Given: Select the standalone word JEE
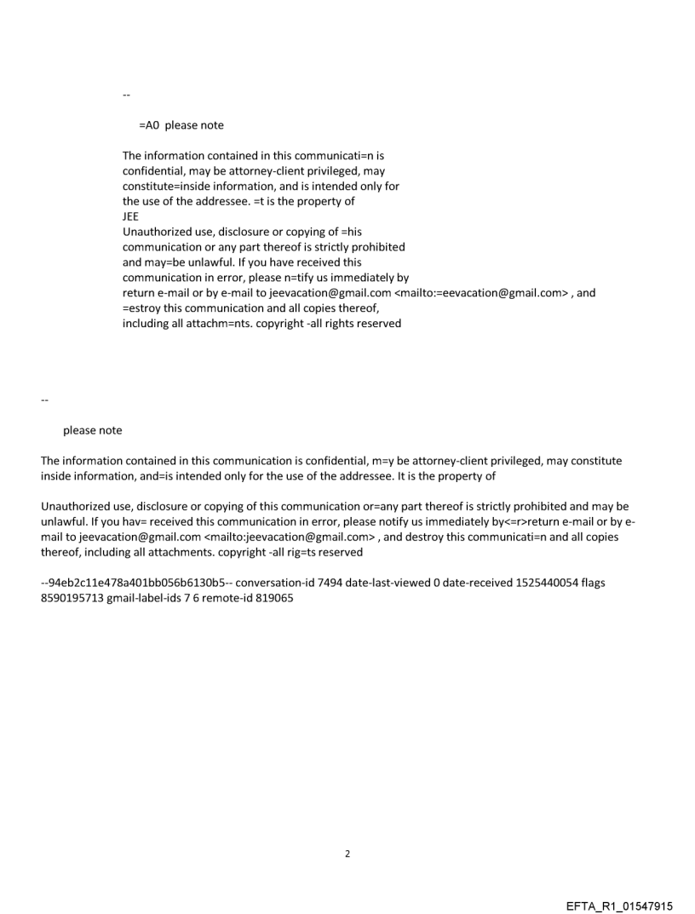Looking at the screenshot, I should [x=131, y=216].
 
